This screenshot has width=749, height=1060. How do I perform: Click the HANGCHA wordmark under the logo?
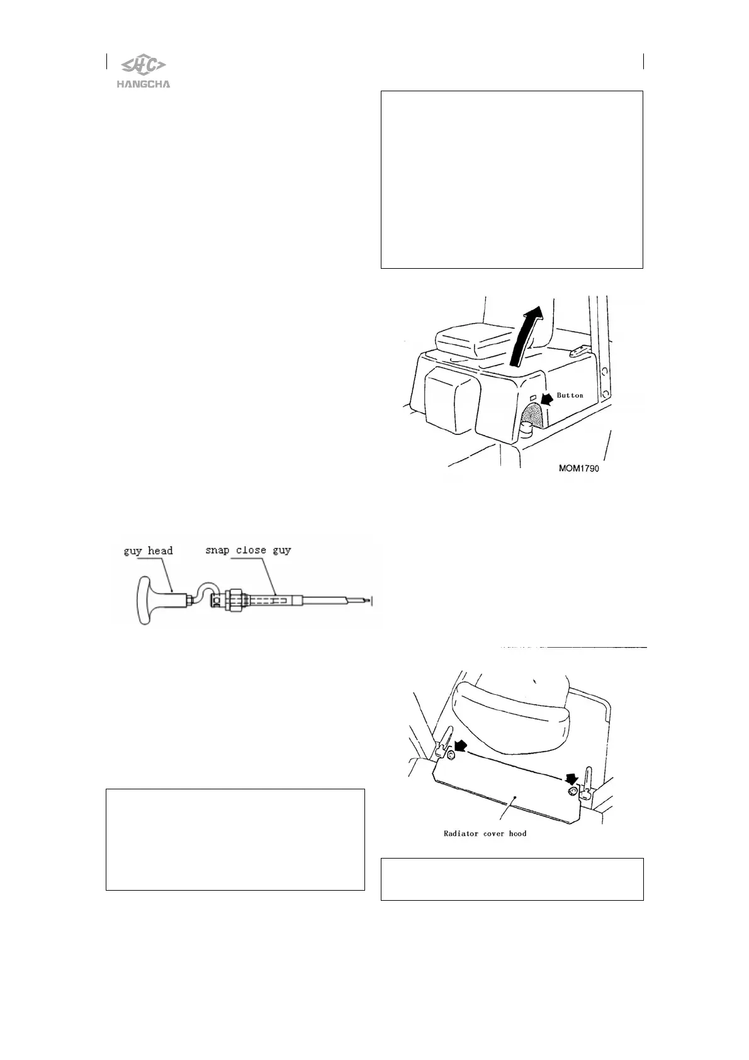click(x=143, y=84)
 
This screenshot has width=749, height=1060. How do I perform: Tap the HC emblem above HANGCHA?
click(x=143, y=65)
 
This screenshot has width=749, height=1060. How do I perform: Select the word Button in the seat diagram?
click(x=570, y=395)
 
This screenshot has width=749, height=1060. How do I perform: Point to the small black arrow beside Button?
click(x=547, y=397)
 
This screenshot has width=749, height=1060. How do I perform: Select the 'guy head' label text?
click(x=148, y=551)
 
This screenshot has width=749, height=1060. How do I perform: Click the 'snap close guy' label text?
click(x=248, y=550)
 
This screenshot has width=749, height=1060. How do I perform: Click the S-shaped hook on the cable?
click(x=203, y=595)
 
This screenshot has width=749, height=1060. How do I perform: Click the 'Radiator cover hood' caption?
click(x=485, y=833)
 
